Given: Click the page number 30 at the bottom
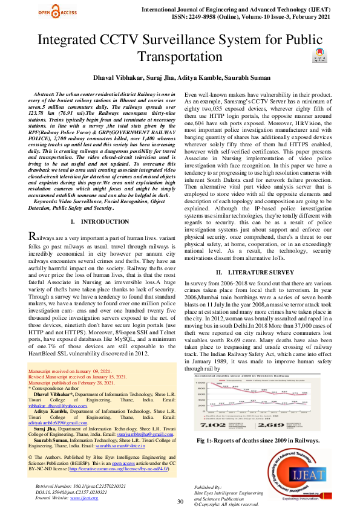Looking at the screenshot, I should click(x=180, y=502).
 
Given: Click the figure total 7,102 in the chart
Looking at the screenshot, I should click(x=209, y=426).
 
